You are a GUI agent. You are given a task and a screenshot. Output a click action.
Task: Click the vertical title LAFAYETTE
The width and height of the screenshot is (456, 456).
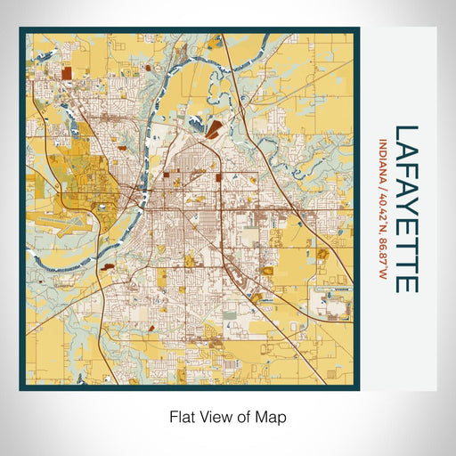(404, 208)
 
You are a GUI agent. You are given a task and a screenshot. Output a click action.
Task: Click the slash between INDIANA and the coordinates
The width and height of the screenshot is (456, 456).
(384, 184)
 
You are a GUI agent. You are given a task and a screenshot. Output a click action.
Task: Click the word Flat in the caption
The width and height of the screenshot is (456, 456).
(181, 416)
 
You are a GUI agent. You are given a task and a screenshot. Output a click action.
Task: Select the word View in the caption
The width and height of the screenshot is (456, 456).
(214, 416)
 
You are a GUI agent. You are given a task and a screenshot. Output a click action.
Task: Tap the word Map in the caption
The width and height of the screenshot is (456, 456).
(274, 416)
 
